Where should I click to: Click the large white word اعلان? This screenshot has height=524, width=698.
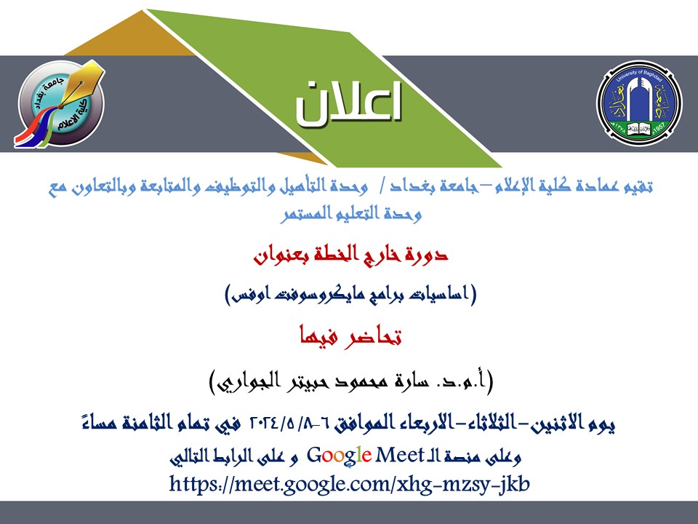[348, 102]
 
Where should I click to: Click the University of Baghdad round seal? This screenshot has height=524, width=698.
[639, 102]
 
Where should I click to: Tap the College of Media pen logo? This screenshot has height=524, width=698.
[61, 104]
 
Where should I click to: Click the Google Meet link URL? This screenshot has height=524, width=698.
[350, 483]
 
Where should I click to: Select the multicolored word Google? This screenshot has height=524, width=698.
[340, 456]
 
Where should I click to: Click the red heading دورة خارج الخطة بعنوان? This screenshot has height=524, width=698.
[350, 255]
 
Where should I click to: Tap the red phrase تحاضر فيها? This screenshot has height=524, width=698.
[350, 336]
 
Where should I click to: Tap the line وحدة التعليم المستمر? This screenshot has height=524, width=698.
[350, 213]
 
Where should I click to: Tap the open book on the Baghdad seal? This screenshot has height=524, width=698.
[639, 130]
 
